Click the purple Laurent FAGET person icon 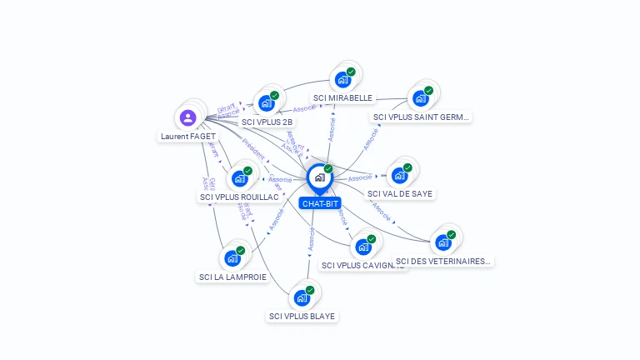[x=187, y=117]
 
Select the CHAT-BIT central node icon [x=319, y=177]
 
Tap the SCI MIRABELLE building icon [x=342, y=80]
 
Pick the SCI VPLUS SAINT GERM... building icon [x=420, y=98]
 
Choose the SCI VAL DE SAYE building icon [x=399, y=175]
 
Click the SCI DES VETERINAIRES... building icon [x=442, y=242]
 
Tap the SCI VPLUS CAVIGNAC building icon [x=362, y=247]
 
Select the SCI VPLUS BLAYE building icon [x=301, y=297]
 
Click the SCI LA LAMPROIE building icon [x=232, y=258]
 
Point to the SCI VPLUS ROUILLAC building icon [x=239, y=178]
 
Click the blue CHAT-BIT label [x=321, y=203]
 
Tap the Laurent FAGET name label [x=188, y=136]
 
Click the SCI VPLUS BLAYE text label [x=302, y=316]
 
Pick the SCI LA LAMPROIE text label [x=233, y=277]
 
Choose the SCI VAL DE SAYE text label [x=401, y=193]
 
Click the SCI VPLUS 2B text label [x=267, y=122]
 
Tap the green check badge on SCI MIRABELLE [x=351, y=72]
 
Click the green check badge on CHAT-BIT [x=328, y=169]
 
